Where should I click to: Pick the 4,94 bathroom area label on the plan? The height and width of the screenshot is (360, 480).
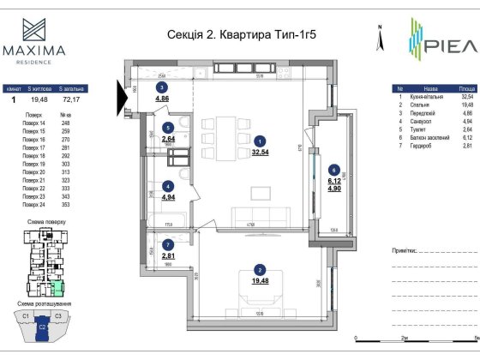(169, 196)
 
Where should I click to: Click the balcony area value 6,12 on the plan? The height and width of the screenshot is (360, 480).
(336, 182)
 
